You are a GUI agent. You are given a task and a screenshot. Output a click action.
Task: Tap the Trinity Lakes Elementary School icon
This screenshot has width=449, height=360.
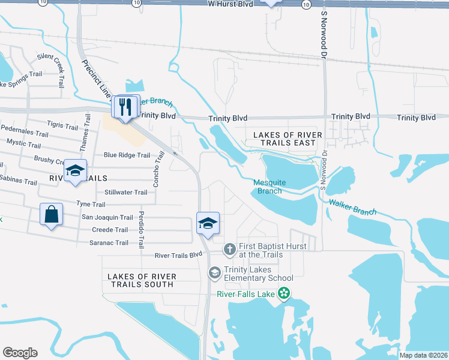(x=214, y=273)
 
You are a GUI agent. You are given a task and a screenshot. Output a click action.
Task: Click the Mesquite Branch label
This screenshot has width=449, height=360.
(x=270, y=187)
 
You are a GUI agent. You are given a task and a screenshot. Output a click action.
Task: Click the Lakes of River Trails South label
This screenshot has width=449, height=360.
(x=142, y=280)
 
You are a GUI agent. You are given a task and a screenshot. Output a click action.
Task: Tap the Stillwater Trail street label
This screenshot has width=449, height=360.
(x=125, y=193)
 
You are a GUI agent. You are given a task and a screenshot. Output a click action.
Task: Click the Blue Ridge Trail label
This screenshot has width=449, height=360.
(x=127, y=155)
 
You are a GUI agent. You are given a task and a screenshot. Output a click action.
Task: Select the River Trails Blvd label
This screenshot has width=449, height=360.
(x=178, y=255)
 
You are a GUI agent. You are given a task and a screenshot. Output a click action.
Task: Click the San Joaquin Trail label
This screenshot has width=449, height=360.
(x=107, y=218)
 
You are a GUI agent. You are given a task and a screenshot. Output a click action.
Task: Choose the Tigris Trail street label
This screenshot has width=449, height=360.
(x=62, y=127)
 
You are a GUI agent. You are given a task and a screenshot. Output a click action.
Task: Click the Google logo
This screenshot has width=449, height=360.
(x=20, y=353)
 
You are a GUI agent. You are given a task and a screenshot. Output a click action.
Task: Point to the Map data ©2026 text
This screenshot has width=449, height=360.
(x=423, y=355)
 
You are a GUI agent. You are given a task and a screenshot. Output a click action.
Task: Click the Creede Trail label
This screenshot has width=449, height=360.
(x=109, y=230)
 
